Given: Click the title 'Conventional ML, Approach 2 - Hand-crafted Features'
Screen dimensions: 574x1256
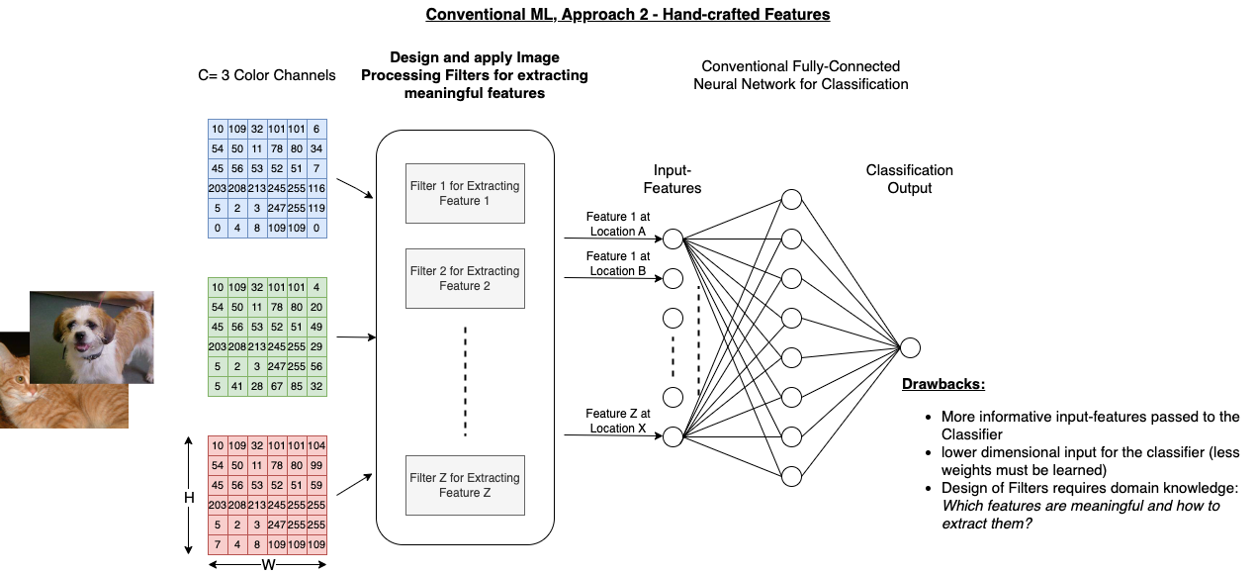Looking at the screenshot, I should [628, 15].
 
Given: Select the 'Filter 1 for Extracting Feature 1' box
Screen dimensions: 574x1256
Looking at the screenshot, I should [465, 193].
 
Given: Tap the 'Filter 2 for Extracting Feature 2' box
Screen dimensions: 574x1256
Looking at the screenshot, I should [465, 278].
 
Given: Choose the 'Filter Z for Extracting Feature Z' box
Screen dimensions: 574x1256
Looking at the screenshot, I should [465, 485].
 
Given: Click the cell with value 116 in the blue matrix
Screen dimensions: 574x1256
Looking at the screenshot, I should [316, 188].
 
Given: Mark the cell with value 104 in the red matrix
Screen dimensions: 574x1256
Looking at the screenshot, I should [316, 446].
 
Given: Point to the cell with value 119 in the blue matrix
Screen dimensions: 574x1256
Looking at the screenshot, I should [316, 209].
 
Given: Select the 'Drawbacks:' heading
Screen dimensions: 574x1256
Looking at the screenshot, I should [943, 384].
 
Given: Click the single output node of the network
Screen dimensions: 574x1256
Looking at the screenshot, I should [910, 347].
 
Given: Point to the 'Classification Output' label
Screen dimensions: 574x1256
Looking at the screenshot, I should [909, 179].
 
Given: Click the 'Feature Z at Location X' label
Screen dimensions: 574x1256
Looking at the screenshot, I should [617, 421].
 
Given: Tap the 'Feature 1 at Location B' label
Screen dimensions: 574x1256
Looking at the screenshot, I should [617, 263].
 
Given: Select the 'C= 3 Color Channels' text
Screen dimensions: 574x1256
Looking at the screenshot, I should [267, 75].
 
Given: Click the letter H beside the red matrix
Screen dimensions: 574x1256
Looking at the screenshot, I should [189, 498].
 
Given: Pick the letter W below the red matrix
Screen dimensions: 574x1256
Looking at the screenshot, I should [267, 565].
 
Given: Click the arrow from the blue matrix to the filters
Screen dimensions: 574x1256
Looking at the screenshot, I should [354, 189].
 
